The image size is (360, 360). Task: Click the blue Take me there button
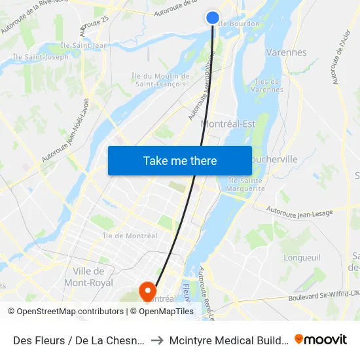[x=180, y=160]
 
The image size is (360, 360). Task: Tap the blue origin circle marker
[x=213, y=18]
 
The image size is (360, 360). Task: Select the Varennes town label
[x=286, y=52]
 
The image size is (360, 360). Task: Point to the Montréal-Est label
[x=228, y=123]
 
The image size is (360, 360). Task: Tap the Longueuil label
[x=302, y=257]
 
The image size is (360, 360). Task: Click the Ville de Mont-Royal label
[x=88, y=277]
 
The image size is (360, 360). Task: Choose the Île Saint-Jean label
[x=84, y=45]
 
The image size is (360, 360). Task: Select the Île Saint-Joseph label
[x=41, y=57]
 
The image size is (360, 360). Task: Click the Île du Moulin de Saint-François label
[x=160, y=80]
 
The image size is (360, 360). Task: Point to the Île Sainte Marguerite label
[x=246, y=185]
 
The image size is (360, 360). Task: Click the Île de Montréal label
[x=130, y=236]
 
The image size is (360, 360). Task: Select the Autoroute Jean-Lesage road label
[x=300, y=211]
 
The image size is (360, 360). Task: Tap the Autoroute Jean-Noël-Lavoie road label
[x=65, y=131]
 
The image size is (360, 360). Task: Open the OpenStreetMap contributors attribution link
[x=73, y=312]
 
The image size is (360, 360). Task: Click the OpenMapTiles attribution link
[x=166, y=312]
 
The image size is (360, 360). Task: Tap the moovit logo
[x=321, y=340]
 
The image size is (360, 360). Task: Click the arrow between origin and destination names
[x=156, y=340]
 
